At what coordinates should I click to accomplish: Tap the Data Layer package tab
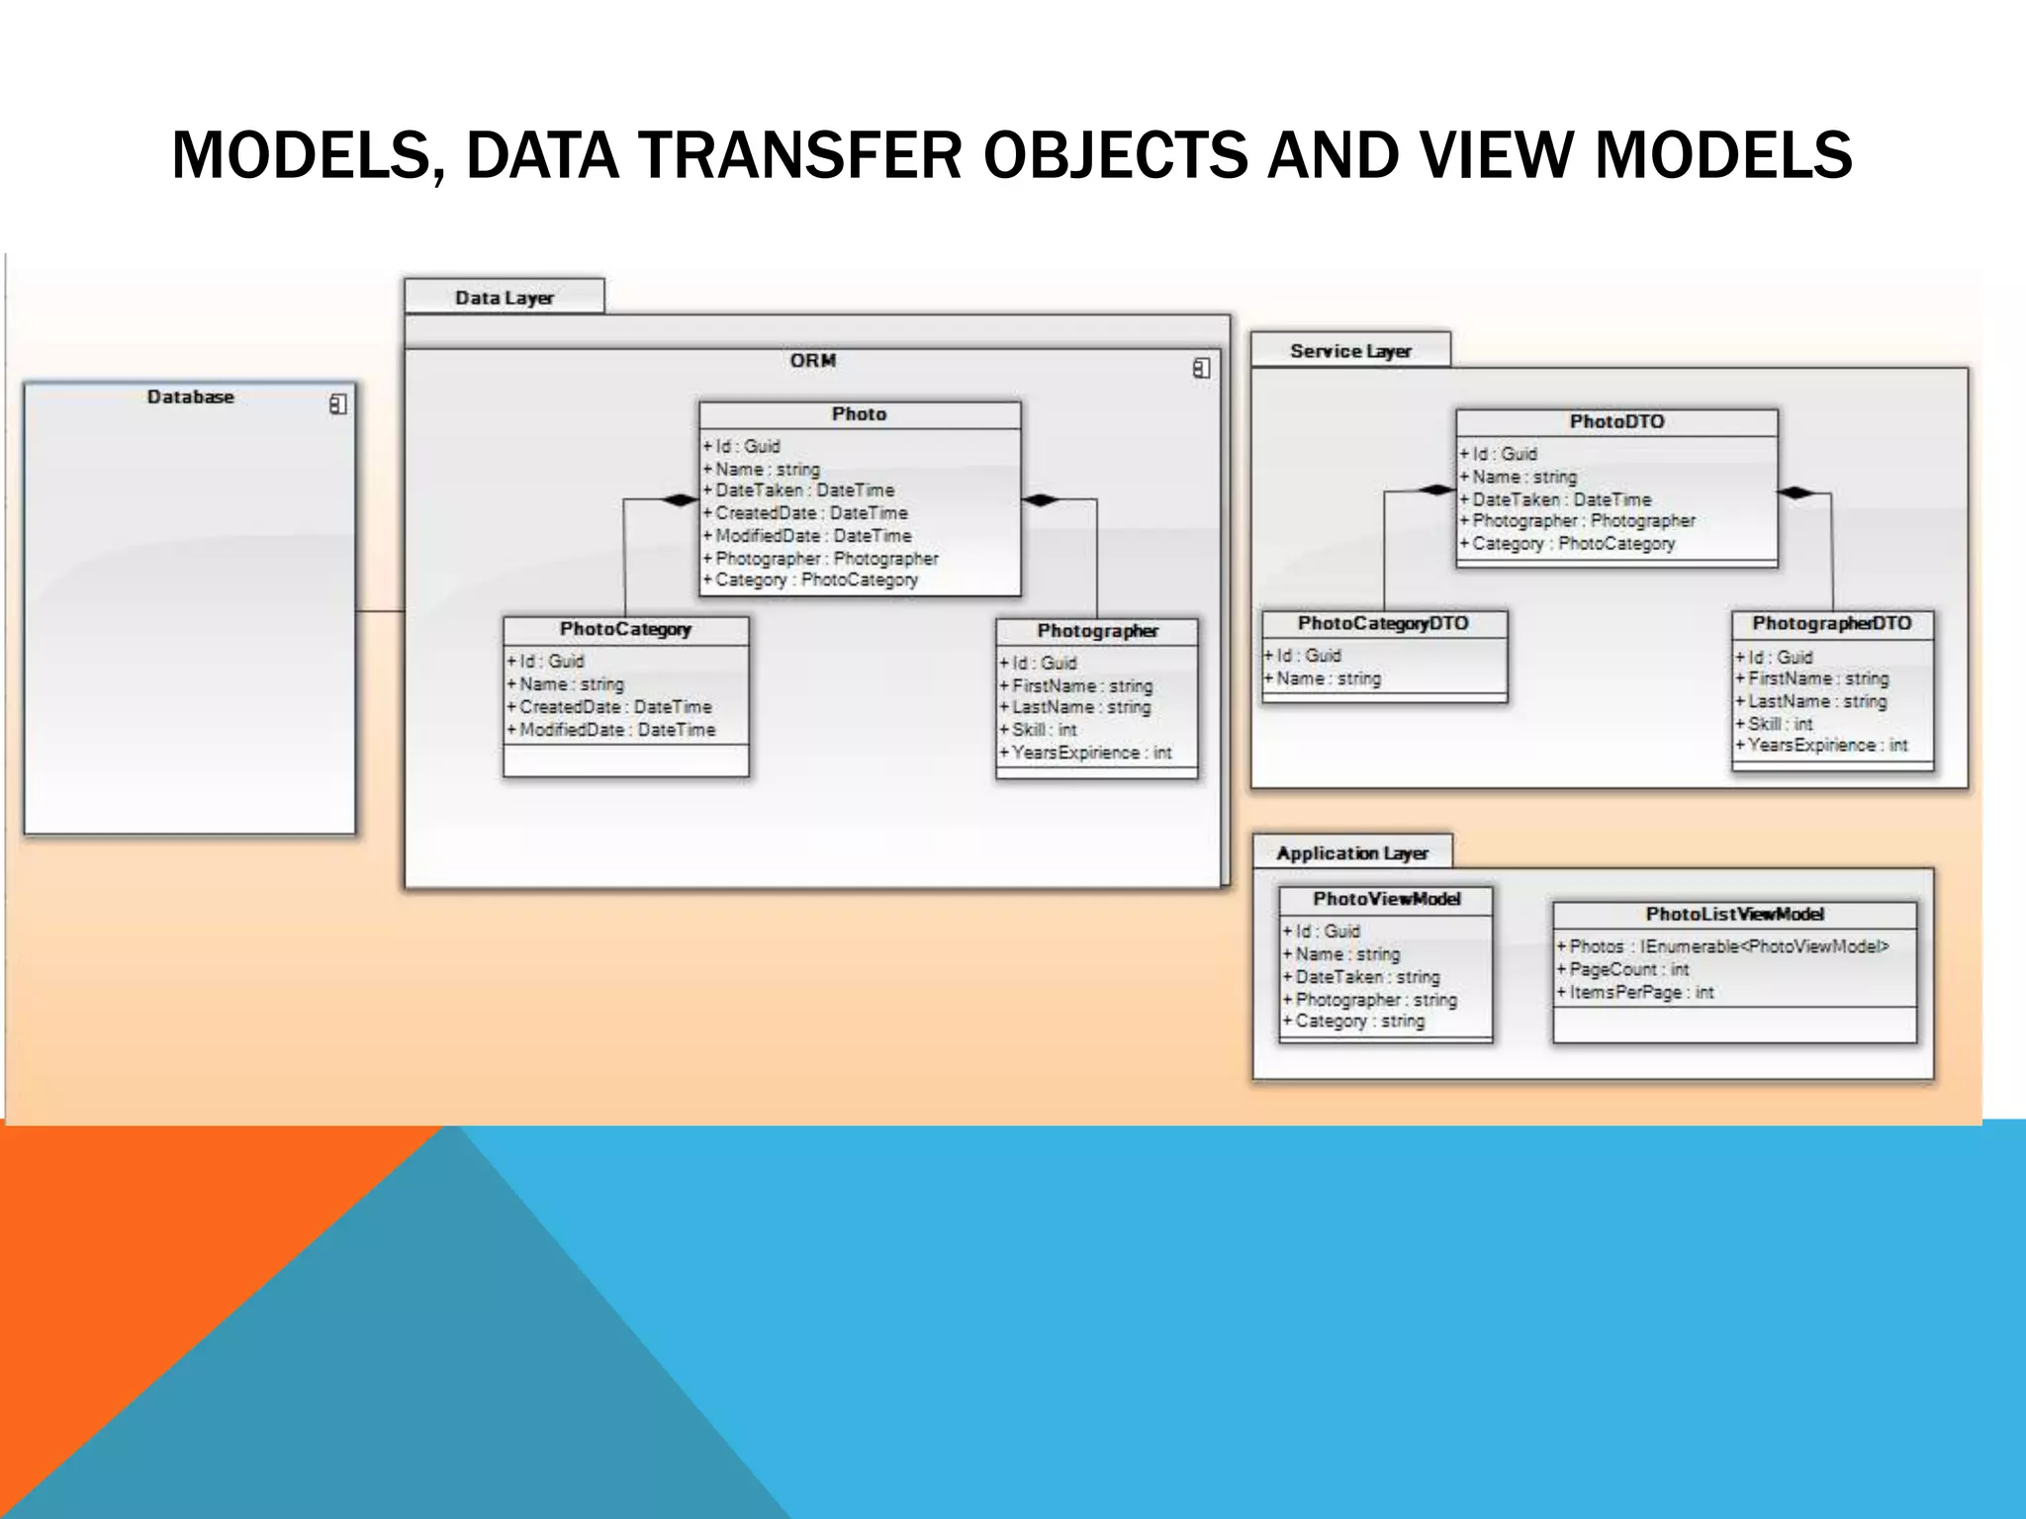tap(504, 298)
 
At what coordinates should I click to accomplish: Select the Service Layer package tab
tap(1350, 351)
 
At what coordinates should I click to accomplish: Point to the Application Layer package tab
tap(1351, 852)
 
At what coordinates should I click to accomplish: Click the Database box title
tap(190, 397)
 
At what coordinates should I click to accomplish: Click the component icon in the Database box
tap(337, 404)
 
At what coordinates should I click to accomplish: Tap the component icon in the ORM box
tap(1201, 368)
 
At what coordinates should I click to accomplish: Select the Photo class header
tap(859, 414)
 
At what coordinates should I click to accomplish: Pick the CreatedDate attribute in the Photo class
tap(810, 513)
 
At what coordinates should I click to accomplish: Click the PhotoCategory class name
tap(625, 629)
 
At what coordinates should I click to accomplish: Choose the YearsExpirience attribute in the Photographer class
tap(1090, 753)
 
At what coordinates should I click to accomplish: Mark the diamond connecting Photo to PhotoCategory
tap(679, 499)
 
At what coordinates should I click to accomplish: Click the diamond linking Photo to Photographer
tap(1041, 499)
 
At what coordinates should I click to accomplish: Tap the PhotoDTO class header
tap(1616, 422)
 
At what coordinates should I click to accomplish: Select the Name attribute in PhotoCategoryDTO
tap(1328, 678)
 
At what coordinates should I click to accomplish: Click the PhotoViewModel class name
tap(1386, 899)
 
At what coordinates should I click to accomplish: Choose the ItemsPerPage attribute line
tap(1640, 992)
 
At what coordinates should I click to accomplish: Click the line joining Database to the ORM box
tap(380, 611)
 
